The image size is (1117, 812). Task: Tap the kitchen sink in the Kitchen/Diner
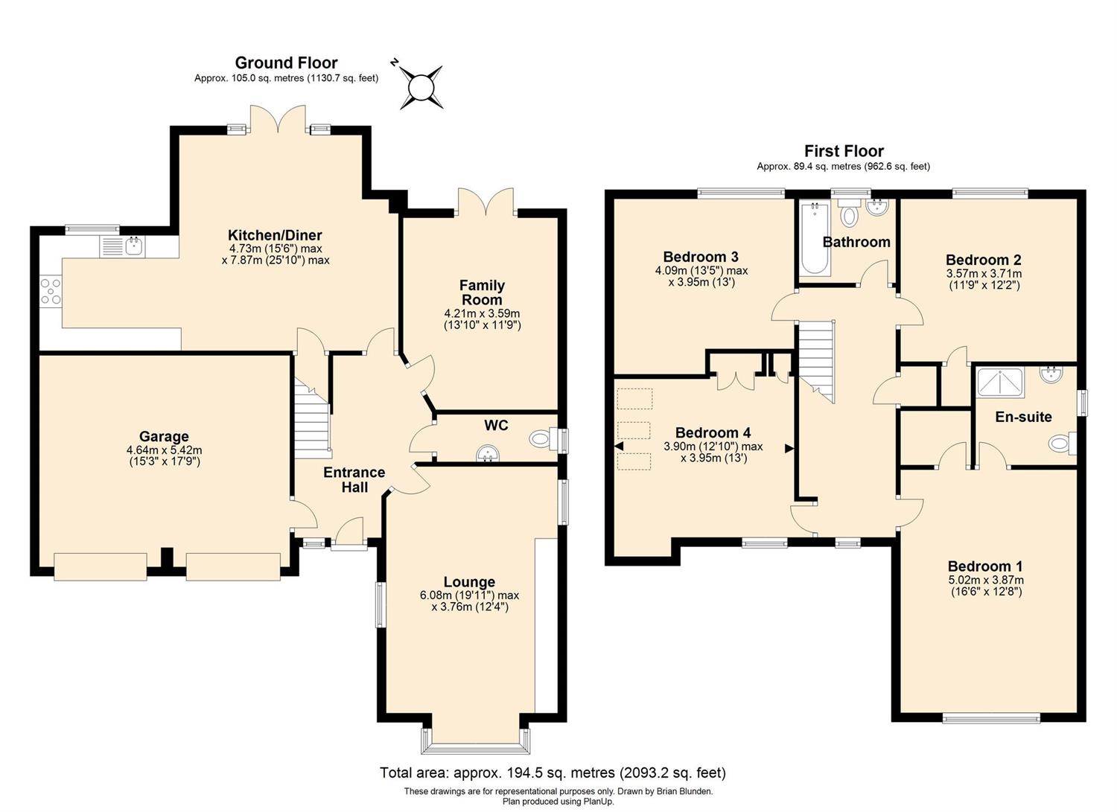(122, 247)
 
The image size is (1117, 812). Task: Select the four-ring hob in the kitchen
(51, 290)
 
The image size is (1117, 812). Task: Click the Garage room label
(164, 437)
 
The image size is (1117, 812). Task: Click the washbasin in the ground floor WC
(487, 453)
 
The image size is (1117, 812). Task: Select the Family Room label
(482, 292)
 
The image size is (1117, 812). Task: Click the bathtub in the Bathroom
(815, 237)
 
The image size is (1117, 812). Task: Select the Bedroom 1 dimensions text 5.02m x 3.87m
(985, 581)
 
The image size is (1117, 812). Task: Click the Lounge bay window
(475, 741)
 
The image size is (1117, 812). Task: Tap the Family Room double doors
(486, 202)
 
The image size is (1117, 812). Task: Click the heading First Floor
(844, 151)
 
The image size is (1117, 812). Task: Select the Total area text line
(553, 773)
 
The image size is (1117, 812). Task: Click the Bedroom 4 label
(713, 432)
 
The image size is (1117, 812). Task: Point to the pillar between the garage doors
(167, 560)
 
